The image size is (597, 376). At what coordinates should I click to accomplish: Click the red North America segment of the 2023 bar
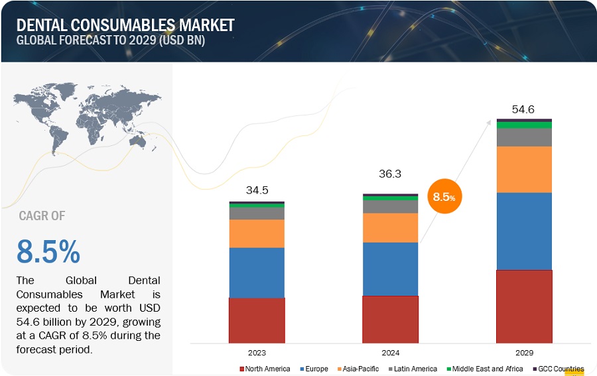tap(257, 320)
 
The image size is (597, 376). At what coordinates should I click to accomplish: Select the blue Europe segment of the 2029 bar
tap(524, 231)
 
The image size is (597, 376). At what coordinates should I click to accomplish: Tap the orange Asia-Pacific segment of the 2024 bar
tap(390, 227)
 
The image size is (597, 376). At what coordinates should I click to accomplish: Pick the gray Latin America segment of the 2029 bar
tap(524, 137)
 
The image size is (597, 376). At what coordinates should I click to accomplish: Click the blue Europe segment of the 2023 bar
tap(257, 273)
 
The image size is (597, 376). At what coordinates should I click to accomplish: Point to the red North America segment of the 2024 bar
tap(390, 319)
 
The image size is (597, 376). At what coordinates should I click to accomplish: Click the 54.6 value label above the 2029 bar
tap(524, 109)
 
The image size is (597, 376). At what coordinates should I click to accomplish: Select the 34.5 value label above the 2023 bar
tap(257, 190)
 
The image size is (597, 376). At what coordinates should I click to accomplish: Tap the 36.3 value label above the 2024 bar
tap(390, 174)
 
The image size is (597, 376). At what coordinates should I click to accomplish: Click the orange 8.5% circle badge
tap(444, 197)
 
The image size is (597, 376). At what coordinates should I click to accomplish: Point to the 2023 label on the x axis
tap(257, 353)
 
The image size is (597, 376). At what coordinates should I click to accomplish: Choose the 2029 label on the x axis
tap(524, 353)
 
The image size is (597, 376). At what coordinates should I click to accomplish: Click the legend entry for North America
tap(265, 369)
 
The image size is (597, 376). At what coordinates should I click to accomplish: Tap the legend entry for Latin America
tap(412, 369)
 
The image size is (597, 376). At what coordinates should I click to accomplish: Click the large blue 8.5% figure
tap(48, 252)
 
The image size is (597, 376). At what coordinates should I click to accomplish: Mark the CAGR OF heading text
tap(42, 216)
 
